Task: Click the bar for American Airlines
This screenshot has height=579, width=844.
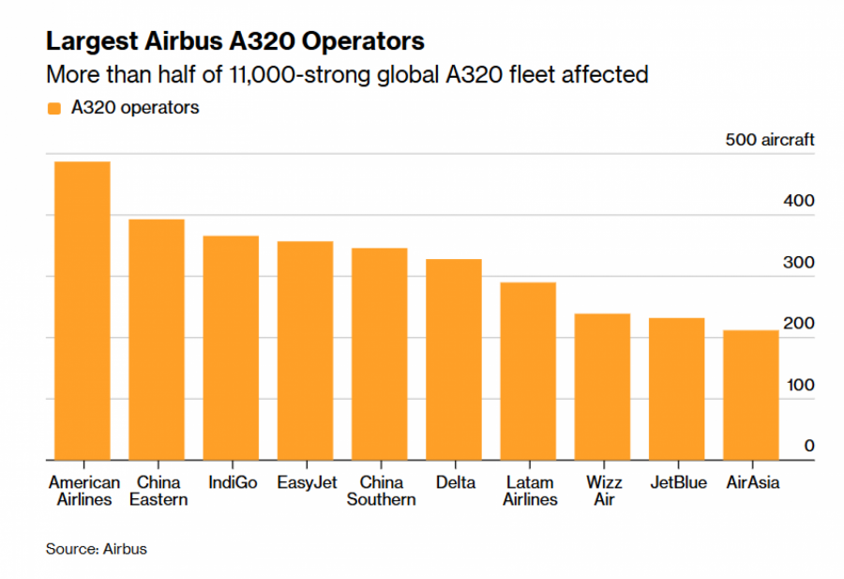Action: pyautogui.click(x=82, y=311)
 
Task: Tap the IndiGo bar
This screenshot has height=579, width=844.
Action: pyautogui.click(x=231, y=348)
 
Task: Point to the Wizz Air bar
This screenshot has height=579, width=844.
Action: pyautogui.click(x=602, y=387)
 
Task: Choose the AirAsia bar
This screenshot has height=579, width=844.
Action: pyautogui.click(x=751, y=395)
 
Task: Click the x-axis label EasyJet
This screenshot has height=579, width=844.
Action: pyautogui.click(x=305, y=483)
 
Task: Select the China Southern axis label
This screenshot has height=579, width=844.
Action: pyautogui.click(x=381, y=491)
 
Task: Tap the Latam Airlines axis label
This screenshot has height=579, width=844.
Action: pyautogui.click(x=530, y=491)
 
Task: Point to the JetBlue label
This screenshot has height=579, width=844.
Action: pyautogui.click(x=677, y=483)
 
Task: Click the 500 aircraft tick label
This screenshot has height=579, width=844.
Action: pyautogui.click(x=770, y=140)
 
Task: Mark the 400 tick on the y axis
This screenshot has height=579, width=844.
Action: pyautogui.click(x=799, y=201)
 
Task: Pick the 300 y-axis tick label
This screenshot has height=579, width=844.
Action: pyautogui.click(x=799, y=263)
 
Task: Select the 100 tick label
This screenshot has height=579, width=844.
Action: pyautogui.click(x=799, y=385)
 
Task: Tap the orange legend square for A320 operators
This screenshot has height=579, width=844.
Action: pyautogui.click(x=53, y=108)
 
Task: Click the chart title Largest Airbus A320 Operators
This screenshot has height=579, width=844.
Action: pyautogui.click(x=235, y=42)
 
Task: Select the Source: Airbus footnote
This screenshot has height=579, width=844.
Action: pyautogui.click(x=97, y=549)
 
